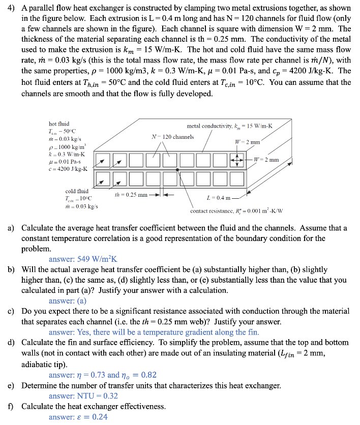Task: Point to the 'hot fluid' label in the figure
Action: [59, 124]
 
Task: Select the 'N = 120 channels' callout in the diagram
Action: [173, 136]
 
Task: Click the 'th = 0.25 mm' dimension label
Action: [131, 195]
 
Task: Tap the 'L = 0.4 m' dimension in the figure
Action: [219, 197]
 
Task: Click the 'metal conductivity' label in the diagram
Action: [229, 126]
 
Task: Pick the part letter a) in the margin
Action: [11, 228]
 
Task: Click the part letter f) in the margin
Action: [11, 407]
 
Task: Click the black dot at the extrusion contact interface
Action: [177, 170]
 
